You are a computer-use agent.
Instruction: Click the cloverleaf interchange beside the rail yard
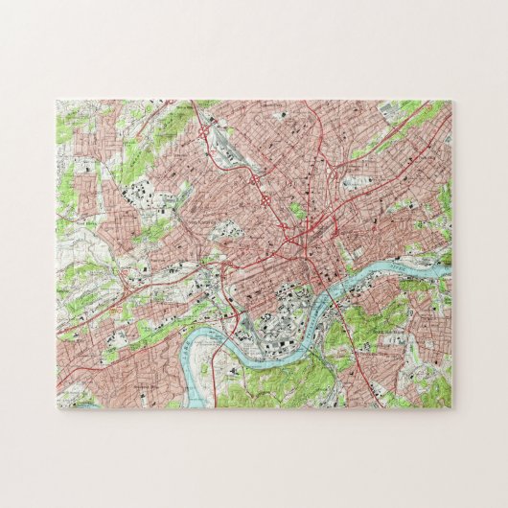pyautogui.click(x=205, y=135)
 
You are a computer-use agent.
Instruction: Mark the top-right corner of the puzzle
pyautogui.click(x=452, y=100)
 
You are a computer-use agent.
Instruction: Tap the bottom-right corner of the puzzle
pyautogui.click(x=452, y=410)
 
